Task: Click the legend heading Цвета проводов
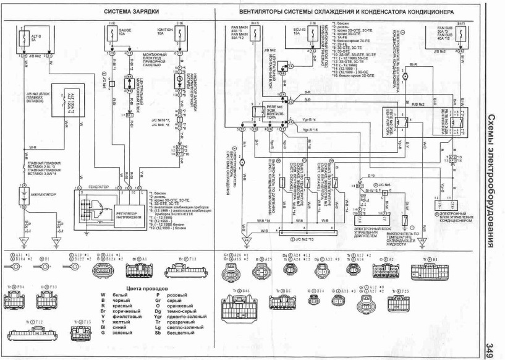point(146,288)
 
